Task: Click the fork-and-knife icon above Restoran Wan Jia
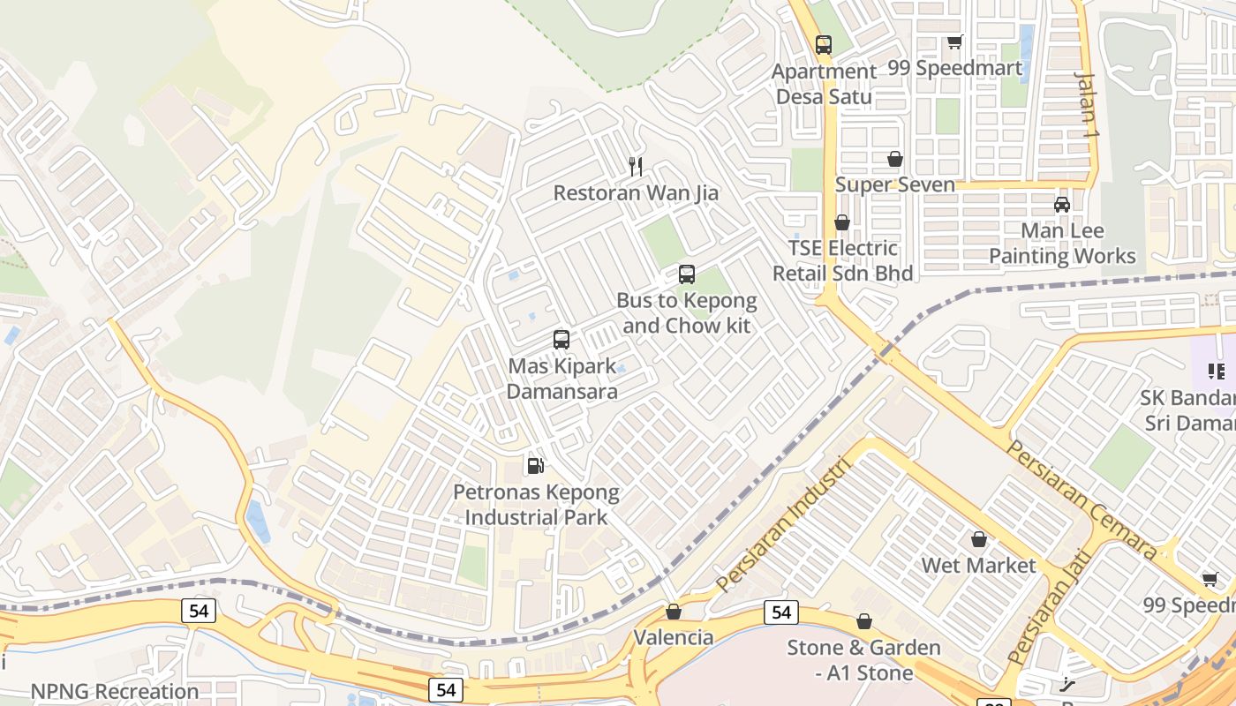[x=635, y=165]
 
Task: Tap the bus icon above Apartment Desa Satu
[x=824, y=44]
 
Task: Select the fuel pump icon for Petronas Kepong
[x=535, y=465]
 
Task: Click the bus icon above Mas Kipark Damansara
[x=561, y=339]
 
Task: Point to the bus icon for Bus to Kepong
[x=687, y=274]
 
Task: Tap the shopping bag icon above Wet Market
[x=978, y=539]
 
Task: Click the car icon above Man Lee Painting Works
[x=1062, y=205]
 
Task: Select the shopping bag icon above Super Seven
[x=895, y=159]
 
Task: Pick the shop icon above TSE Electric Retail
[x=842, y=222]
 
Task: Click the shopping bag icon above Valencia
[x=674, y=612]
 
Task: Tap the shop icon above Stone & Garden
[x=864, y=622]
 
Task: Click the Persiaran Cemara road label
[x=1081, y=499]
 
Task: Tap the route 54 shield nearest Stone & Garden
[x=781, y=612]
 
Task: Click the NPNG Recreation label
[x=115, y=691]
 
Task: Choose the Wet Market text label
[x=978, y=565]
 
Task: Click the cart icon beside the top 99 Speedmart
[x=954, y=41]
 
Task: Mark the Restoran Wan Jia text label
[x=636, y=192]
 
